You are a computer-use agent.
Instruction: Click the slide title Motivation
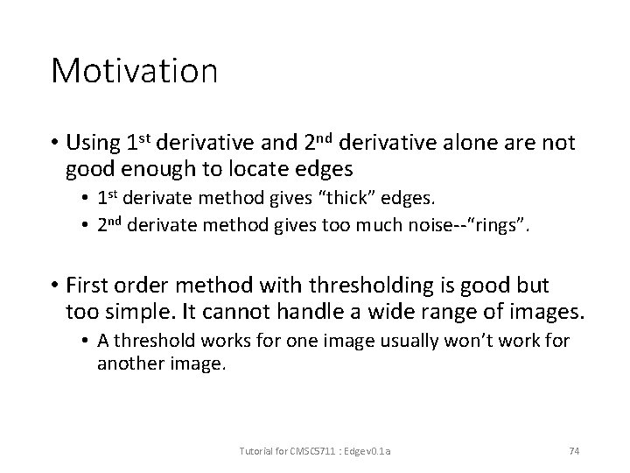pos(134,71)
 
